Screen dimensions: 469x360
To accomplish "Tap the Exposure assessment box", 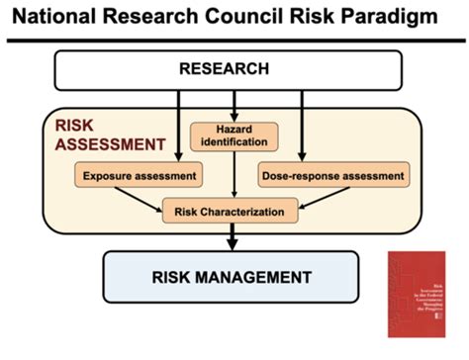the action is (136, 176).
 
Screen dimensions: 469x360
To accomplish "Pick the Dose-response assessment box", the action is (331, 176).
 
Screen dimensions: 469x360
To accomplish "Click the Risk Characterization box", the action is (229, 210).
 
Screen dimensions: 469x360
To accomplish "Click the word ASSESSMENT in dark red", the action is (109, 143).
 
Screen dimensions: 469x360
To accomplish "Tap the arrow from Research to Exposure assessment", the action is (177, 124).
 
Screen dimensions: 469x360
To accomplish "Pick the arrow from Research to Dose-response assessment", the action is (298, 124).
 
